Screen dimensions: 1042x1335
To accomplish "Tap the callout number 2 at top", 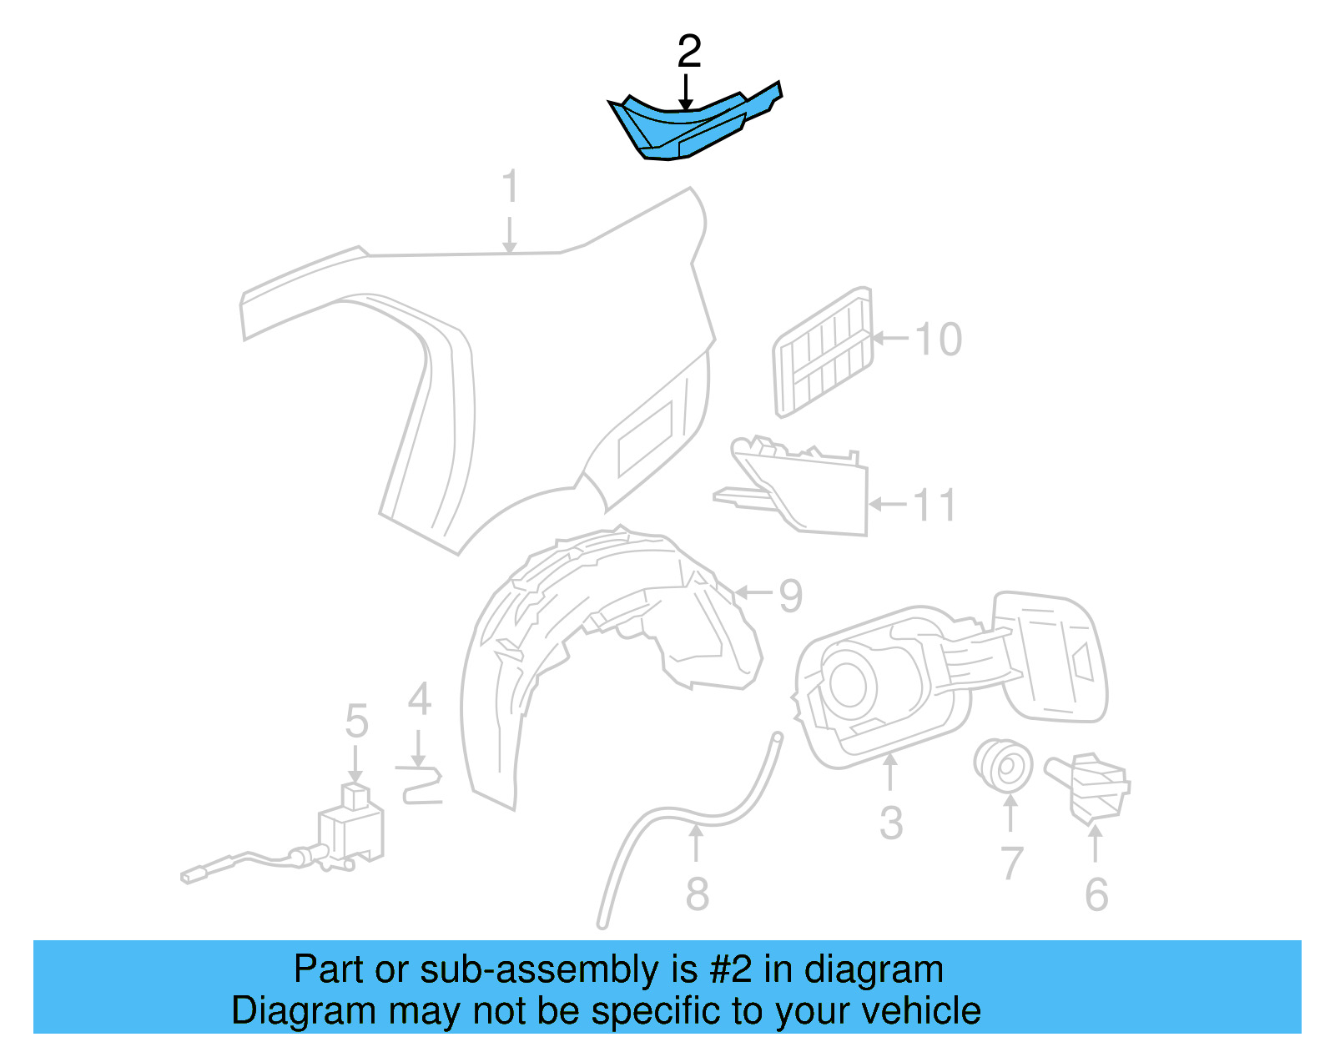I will pyautogui.click(x=688, y=53).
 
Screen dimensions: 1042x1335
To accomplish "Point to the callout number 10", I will pyautogui.click(x=938, y=340).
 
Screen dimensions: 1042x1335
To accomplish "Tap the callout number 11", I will pyautogui.click(x=934, y=505).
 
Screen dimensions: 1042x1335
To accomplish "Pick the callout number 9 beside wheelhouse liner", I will pyautogui.click(x=789, y=595).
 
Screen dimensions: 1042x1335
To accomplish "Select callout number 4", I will pyautogui.click(x=419, y=699).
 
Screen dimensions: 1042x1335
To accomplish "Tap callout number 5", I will pyautogui.click(x=356, y=721).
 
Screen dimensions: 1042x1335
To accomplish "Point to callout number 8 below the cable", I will pyautogui.click(x=697, y=894).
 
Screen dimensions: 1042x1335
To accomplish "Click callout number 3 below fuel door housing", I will pyautogui.click(x=891, y=823).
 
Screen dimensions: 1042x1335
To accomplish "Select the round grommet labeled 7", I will pyautogui.click(x=1003, y=764).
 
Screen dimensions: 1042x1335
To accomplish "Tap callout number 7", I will pyautogui.click(x=1011, y=863).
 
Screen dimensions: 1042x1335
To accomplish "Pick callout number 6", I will pyautogui.click(x=1096, y=894).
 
